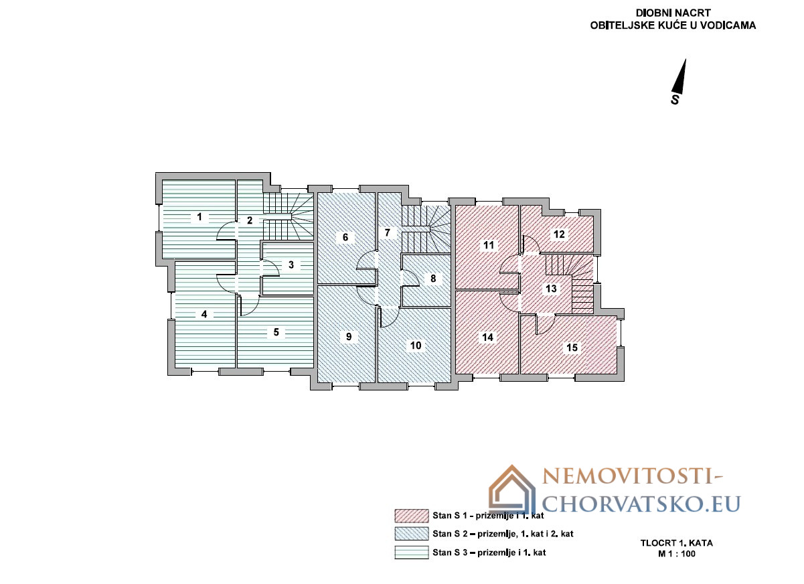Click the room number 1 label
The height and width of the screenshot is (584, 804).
[x=199, y=217]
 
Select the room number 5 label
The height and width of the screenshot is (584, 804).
[x=276, y=332]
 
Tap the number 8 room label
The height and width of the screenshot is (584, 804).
[x=433, y=279]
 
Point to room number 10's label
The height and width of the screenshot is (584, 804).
[x=416, y=346]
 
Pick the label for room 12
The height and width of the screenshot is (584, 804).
[x=559, y=234]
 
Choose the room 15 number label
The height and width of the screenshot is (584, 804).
[x=572, y=348]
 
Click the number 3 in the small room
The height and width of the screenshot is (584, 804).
[x=291, y=265]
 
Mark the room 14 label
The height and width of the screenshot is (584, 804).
[x=488, y=338]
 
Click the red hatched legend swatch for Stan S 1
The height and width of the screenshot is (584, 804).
[x=412, y=516]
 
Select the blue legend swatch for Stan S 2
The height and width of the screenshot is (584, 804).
[x=412, y=534]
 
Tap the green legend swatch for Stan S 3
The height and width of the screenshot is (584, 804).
[x=412, y=553]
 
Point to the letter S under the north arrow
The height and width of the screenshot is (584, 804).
[x=675, y=100]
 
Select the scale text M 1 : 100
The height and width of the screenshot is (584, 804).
[x=677, y=554]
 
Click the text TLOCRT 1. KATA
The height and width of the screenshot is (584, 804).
[x=677, y=543]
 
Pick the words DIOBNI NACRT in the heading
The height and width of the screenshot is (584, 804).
[x=673, y=13]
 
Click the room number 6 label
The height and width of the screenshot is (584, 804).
[x=345, y=237]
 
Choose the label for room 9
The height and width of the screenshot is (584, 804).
[x=349, y=337]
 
